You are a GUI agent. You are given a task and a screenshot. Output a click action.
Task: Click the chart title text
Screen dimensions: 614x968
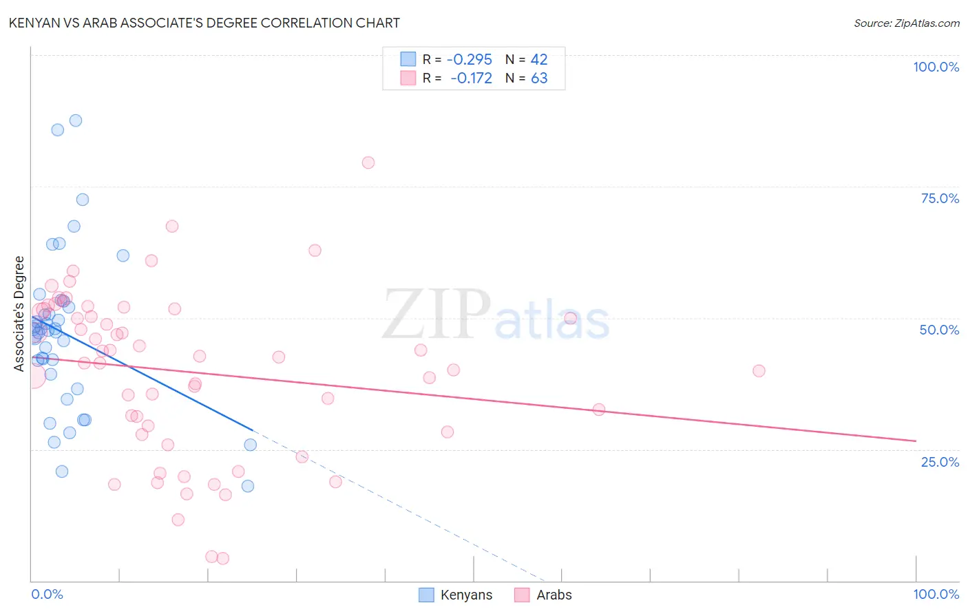tap(204, 23)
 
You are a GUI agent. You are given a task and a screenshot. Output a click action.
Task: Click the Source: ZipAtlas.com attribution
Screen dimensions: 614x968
tap(906, 23)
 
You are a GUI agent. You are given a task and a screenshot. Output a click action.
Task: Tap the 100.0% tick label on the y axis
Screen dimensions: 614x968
tap(936, 67)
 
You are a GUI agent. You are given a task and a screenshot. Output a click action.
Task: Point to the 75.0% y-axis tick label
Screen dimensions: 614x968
tap(940, 198)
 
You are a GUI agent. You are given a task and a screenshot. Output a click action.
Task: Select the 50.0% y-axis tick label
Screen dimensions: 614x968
tap(939, 330)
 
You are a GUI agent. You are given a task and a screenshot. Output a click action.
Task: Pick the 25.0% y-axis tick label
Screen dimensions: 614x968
tap(940, 462)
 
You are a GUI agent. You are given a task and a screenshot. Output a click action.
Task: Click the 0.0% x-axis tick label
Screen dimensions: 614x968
tap(47, 594)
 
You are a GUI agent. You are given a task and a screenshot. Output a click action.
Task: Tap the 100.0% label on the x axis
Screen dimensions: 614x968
tap(936, 594)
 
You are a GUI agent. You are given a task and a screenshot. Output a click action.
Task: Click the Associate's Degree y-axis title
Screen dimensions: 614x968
tap(19, 314)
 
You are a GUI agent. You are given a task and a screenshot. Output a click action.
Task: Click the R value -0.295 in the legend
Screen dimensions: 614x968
tap(470, 60)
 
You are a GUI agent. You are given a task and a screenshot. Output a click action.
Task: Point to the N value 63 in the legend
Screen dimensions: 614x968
tap(539, 78)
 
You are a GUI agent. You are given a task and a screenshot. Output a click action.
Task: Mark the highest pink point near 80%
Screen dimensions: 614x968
tap(368, 162)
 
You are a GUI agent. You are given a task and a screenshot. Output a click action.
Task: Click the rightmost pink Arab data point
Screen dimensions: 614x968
tap(759, 370)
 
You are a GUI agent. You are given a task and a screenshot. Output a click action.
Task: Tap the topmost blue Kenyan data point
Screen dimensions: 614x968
tap(76, 120)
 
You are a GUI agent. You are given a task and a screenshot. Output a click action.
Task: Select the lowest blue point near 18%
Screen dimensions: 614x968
tap(248, 486)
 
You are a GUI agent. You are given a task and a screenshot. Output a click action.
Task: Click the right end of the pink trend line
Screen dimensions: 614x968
tap(916, 441)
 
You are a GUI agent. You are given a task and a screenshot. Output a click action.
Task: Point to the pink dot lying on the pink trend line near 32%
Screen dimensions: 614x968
tap(599, 410)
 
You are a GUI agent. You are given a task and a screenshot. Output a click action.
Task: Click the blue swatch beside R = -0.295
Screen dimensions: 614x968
tap(408, 60)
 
